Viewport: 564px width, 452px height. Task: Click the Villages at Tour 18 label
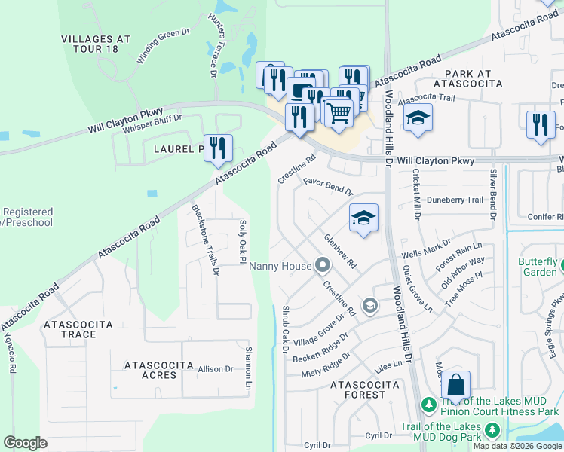tap(96, 44)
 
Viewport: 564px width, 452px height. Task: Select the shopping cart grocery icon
tap(339, 113)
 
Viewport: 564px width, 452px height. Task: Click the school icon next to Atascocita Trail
tap(418, 118)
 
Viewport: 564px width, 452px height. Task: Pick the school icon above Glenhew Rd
tap(364, 218)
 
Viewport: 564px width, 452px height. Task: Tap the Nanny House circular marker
tap(323, 265)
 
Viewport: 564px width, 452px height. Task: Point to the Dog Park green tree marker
tap(493, 429)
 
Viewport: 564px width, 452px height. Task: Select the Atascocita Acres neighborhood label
tap(150, 370)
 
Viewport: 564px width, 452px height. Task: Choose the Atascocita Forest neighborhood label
tap(364, 389)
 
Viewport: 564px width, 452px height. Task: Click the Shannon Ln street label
tap(247, 367)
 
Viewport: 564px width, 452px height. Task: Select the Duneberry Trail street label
tap(455, 200)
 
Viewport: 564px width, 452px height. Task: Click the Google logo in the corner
tap(26, 443)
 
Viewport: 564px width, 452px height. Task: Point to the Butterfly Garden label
tap(538, 267)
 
